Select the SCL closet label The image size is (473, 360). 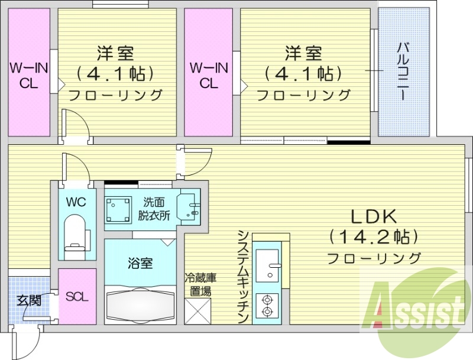point(77,297)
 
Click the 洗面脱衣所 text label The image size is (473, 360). point(154,209)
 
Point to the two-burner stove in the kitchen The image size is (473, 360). point(267,304)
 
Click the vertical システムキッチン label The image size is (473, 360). point(242,276)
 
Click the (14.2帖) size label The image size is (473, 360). point(374,237)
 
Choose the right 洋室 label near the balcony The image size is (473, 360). point(303,53)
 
